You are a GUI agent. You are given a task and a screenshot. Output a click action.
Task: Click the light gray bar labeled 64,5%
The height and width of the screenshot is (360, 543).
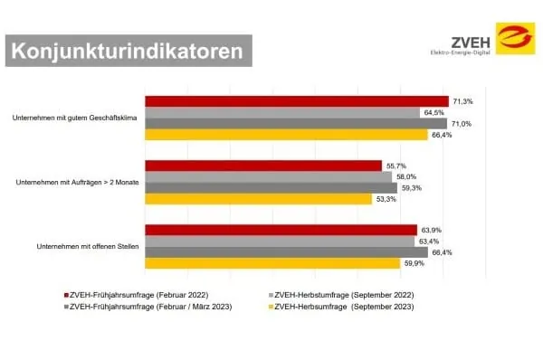281,112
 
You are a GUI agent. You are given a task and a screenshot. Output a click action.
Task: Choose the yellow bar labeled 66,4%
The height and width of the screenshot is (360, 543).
286,135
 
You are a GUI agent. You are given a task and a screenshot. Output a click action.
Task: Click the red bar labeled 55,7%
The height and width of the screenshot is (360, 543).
263,166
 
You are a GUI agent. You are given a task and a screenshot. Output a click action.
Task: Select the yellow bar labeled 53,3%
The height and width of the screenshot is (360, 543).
258,199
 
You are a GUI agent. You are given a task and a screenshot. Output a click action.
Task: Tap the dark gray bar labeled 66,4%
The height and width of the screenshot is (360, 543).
286,252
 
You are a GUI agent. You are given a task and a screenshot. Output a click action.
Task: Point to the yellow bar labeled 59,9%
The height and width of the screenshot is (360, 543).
272,264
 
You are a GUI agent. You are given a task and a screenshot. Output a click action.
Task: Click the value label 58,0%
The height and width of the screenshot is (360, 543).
405,176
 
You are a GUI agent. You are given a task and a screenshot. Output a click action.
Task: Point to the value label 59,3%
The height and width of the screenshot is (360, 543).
410,187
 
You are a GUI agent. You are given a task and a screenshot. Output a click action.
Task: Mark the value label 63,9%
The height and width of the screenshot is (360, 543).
430,231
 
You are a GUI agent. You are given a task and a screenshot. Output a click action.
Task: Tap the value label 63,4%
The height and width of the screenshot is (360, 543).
428,242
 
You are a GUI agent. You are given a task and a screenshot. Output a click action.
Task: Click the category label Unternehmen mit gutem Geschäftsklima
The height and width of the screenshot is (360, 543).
75,118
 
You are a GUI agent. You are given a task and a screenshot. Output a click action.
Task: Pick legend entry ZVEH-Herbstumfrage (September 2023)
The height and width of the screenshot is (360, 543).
343,307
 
